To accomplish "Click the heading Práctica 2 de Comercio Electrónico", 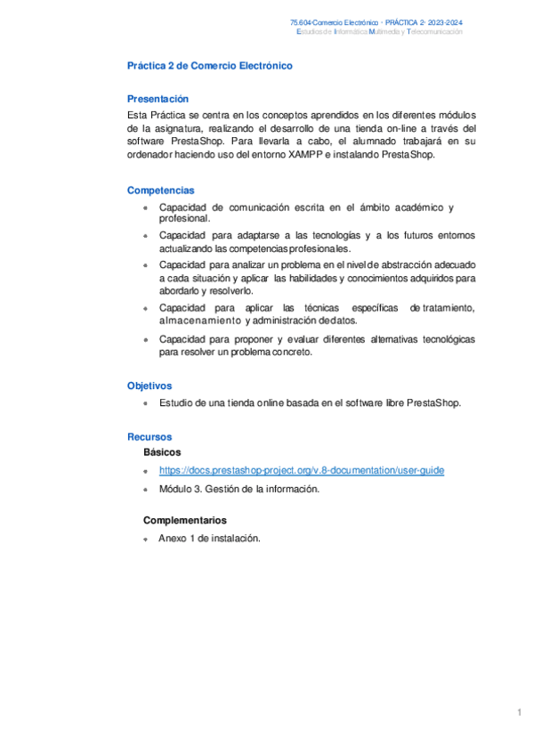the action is (209, 66).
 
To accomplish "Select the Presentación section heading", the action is (157, 99).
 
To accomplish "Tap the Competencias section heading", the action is (160, 191).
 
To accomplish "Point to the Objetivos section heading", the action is (149, 386).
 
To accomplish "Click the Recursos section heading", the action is (149, 437).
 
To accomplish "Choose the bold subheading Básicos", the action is (162, 452).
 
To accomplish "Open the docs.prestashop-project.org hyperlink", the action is (302, 471).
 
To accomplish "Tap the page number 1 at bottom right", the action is (518, 712).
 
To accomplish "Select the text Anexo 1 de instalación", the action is (209, 538).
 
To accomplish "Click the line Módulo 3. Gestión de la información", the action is (238, 489).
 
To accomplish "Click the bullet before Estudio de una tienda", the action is (145, 403).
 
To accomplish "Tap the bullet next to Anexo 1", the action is (145, 539).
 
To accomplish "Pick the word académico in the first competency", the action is (413, 207).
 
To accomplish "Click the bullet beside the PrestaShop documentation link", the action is (145, 472).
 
